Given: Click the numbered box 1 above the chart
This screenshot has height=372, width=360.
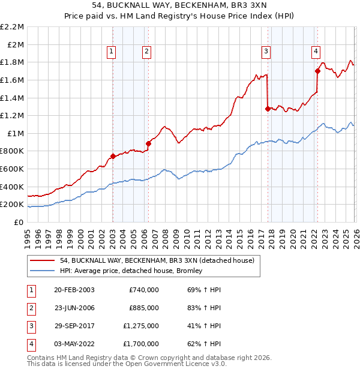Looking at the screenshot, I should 112,52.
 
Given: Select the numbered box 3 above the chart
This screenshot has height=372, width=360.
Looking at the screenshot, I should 266,52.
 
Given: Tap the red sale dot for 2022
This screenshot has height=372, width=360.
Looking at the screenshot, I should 317,71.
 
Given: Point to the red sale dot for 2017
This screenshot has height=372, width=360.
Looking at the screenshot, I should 268,109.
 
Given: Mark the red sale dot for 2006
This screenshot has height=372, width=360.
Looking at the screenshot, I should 148,143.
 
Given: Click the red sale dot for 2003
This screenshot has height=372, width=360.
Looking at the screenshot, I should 113,156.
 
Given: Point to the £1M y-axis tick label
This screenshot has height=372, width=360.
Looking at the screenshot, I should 14,133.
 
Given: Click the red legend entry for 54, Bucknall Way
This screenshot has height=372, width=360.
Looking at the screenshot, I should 157,260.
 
